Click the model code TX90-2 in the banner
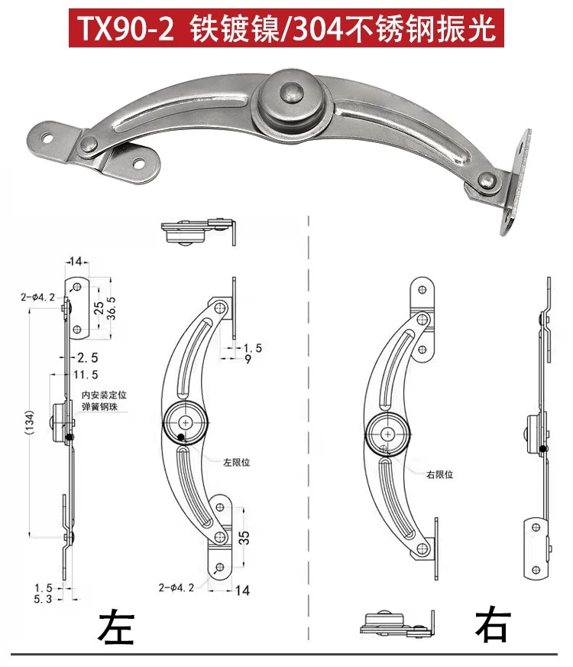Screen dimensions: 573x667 [x=127, y=28]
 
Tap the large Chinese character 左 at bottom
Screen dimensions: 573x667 [x=116, y=627]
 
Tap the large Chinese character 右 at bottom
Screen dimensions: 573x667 [x=493, y=626]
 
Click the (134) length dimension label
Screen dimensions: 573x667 [x=29, y=422]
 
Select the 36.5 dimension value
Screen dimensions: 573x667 [x=111, y=308]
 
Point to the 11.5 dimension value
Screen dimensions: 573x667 [x=86, y=375]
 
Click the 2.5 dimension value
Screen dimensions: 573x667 [x=87, y=357]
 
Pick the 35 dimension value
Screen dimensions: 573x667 [x=244, y=538]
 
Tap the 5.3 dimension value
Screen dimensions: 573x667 [x=43, y=599]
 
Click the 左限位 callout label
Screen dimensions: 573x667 [x=237, y=463]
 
